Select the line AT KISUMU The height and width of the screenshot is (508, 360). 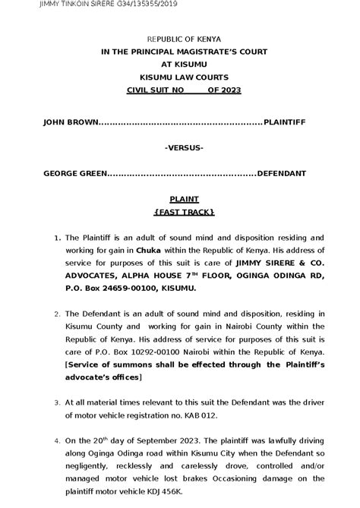tap(180, 65)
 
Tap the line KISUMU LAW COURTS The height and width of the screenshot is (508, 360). tap(179, 77)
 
